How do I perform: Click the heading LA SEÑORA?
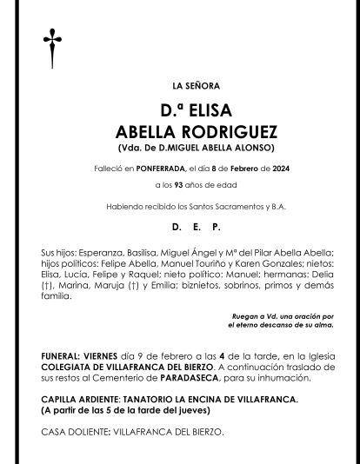(x=197, y=86)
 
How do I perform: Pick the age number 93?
(x=178, y=187)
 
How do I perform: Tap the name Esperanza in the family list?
(x=101, y=251)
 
